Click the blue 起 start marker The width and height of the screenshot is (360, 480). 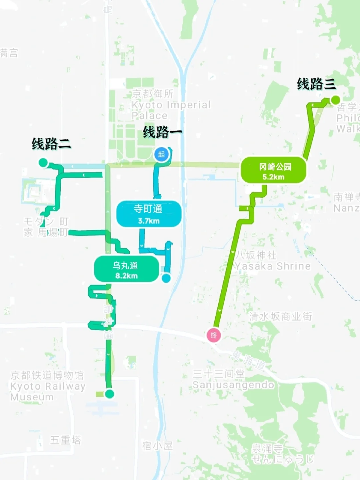[162, 154]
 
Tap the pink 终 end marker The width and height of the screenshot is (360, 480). [214, 335]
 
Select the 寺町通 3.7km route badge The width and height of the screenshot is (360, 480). [149, 214]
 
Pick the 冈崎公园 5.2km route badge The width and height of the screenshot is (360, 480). [274, 171]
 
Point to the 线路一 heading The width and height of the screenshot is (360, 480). [162, 132]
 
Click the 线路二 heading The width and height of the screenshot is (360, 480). [51, 144]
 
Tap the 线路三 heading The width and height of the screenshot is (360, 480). [316, 84]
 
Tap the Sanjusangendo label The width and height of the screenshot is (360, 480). [233, 380]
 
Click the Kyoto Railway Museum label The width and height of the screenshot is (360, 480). [48, 386]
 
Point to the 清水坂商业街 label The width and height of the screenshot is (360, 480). [281, 316]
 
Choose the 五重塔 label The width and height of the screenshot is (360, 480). [65, 440]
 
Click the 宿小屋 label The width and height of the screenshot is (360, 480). [157, 446]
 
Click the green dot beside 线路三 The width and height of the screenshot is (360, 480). [335, 100]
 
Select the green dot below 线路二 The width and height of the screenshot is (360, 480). [43, 162]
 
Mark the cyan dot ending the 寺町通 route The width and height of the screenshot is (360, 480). [166, 278]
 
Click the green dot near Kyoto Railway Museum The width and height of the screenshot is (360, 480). [109, 394]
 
